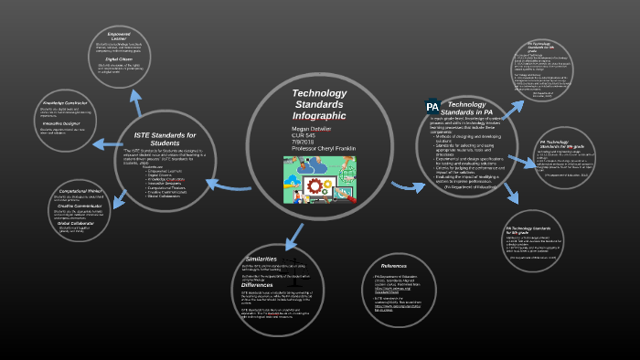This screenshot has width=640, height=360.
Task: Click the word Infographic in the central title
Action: click(319, 116)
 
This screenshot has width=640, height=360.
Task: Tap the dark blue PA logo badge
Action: click(432, 106)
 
